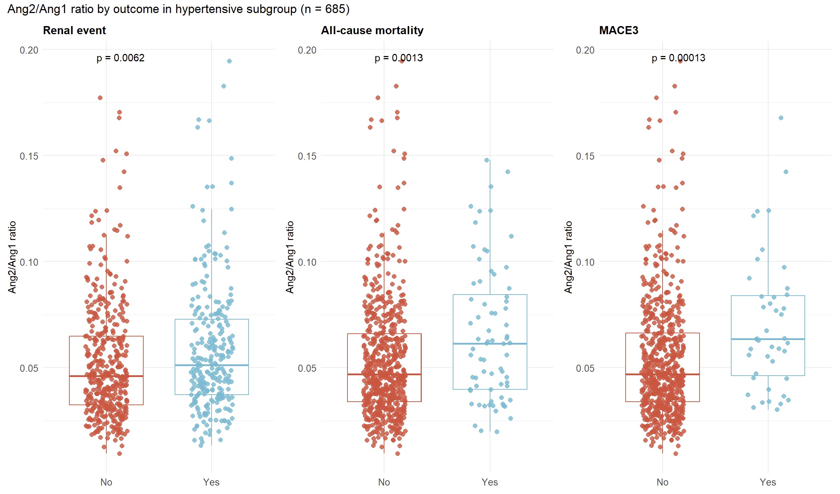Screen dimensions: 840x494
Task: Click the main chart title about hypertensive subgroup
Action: click(x=178, y=9)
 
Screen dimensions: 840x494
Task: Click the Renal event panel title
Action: click(x=74, y=30)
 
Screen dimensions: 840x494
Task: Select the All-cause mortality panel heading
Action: click(x=372, y=30)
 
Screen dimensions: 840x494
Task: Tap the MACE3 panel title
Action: click(x=619, y=30)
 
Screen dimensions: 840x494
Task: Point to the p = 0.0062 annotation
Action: click(x=120, y=58)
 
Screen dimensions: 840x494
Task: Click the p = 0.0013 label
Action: click(x=399, y=58)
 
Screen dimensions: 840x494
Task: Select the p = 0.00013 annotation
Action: click(x=678, y=58)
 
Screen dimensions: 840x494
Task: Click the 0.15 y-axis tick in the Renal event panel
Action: click(x=29, y=156)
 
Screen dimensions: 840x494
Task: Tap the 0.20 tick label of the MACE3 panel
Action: click(x=585, y=50)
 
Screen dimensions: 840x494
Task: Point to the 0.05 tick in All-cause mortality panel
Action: click(x=307, y=368)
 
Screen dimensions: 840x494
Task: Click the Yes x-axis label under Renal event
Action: click(x=211, y=482)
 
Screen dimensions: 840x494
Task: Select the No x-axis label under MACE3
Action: click(x=662, y=482)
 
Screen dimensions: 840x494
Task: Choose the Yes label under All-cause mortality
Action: click(x=490, y=482)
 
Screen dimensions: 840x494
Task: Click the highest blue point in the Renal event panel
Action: click(x=229, y=61)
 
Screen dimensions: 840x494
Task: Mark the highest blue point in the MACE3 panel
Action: click(x=781, y=118)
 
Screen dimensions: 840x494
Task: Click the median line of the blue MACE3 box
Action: click(x=768, y=339)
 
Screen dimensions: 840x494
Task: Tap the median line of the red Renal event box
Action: click(x=106, y=376)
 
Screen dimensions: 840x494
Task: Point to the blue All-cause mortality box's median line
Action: click(x=490, y=344)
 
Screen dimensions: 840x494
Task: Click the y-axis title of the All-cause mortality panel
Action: click(x=290, y=257)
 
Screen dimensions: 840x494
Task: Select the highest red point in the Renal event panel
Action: click(x=100, y=98)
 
